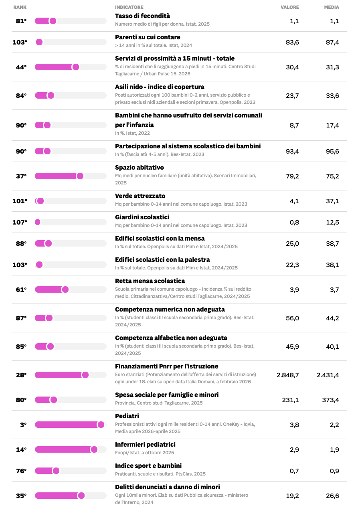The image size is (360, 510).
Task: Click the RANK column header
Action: [20, 7]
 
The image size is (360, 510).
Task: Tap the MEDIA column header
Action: [331, 7]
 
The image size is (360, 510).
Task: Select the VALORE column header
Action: [289, 7]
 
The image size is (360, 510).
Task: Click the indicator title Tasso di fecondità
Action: [142, 16]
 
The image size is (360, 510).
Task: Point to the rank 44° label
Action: [21, 67]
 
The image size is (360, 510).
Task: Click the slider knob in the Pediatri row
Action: [101, 425]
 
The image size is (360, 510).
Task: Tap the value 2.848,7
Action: [287, 375]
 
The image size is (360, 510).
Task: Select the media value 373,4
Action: [330, 400]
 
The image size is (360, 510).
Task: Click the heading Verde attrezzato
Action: [140, 196]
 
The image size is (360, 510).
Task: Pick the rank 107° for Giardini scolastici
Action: [20, 222]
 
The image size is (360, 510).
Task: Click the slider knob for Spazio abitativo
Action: [80, 176]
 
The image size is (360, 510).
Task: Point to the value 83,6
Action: [292, 42]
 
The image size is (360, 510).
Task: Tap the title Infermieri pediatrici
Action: [145, 444]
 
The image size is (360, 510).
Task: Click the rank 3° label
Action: [23, 425]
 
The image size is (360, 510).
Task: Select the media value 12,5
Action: [332, 222]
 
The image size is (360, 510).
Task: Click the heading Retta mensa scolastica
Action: [150, 281]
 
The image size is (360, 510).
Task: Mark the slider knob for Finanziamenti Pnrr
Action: [85, 375]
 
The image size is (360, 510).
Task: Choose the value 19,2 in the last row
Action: [292, 496]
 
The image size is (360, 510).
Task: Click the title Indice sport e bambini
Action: [148, 465]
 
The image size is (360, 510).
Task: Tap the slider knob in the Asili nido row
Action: [51, 95]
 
